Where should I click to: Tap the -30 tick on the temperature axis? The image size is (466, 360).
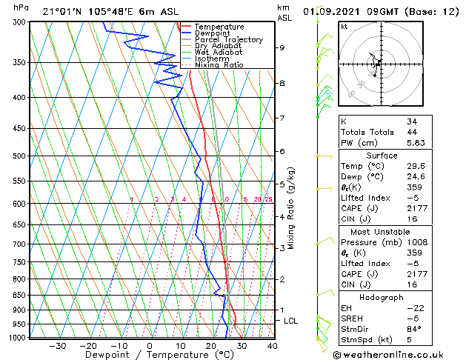coord(57,345)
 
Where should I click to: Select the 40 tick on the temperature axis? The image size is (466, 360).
coord(273,345)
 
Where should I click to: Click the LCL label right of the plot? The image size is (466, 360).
coord(291,321)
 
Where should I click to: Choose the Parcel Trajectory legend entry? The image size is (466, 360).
coord(228,40)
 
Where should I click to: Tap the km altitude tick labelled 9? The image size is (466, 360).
coord(282,47)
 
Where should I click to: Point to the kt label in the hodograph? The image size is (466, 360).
coord(344,26)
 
